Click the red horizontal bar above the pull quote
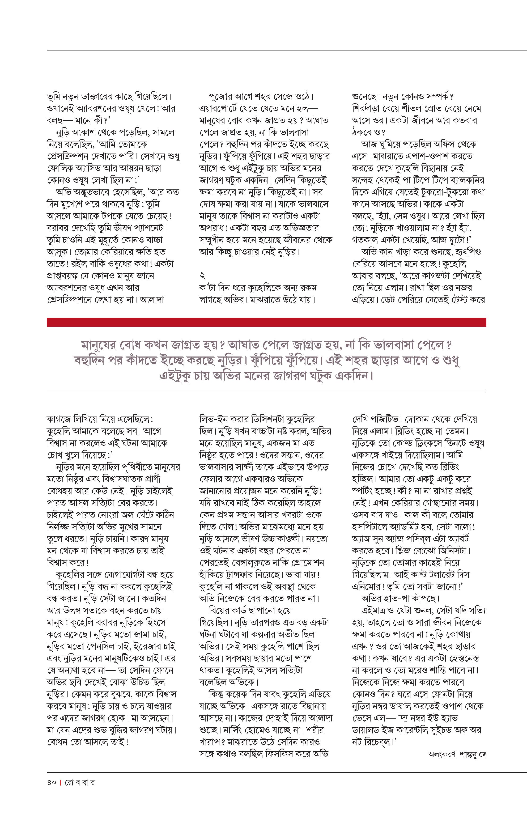click(266, 322)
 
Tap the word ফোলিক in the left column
click(58, 168)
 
